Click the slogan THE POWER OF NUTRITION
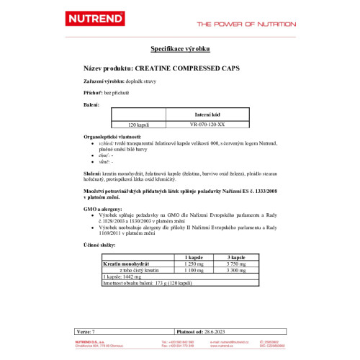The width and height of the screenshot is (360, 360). coord(246,24)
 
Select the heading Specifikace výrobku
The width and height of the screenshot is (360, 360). coord(180,50)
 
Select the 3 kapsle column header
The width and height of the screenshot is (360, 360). coord(238,257)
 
